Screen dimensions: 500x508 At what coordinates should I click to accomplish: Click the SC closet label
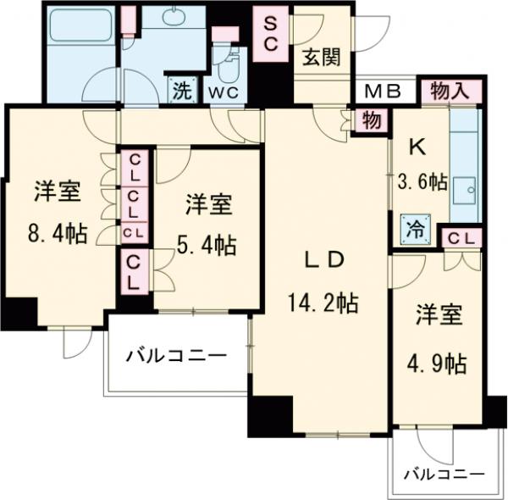pyautogui.click(x=273, y=35)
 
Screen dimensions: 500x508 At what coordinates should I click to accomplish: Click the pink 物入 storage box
pyautogui.click(x=449, y=91)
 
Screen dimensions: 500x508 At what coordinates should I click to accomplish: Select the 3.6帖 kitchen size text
pyautogui.click(x=422, y=182)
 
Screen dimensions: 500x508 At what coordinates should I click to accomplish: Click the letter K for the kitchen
pyautogui.click(x=416, y=147)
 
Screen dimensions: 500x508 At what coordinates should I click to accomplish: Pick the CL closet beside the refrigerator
pyautogui.click(x=461, y=240)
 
